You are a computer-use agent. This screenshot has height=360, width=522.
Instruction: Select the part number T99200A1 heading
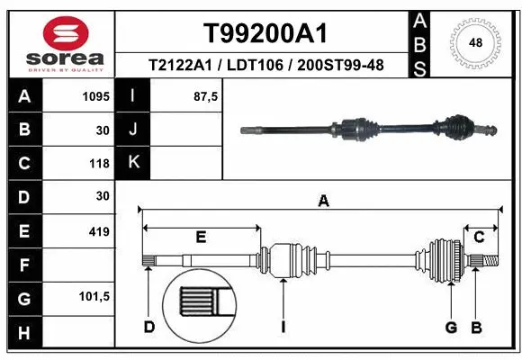click(265, 33)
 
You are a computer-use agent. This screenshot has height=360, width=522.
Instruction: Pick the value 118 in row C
click(99, 164)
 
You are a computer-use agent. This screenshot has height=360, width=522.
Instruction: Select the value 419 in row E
click(99, 232)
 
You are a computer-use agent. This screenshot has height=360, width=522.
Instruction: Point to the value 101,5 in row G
click(94, 296)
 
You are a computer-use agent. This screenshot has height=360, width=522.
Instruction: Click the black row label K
click(133, 163)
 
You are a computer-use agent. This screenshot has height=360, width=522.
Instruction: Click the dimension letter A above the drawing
click(323, 202)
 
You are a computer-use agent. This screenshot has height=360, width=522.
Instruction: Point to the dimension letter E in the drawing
click(201, 237)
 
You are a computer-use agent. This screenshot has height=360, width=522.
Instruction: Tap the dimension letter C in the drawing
click(479, 237)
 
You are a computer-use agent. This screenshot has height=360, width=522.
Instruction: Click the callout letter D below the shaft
click(148, 326)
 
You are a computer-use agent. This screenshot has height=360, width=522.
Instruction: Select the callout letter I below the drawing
click(283, 326)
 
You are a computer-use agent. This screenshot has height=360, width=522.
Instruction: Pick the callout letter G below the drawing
click(451, 326)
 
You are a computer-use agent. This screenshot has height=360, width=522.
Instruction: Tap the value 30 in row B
click(103, 130)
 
